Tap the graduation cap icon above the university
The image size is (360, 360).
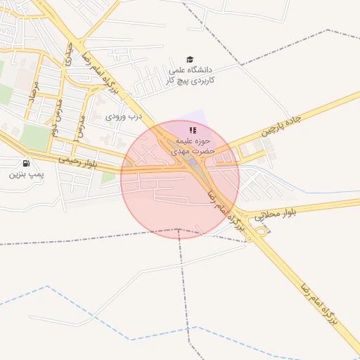(190, 60)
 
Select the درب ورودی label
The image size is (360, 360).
(124, 116)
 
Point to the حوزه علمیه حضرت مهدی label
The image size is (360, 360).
(193, 146)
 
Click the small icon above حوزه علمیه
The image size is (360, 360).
(193, 130)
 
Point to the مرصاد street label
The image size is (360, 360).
(32, 91)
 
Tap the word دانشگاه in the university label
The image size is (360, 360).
(204, 70)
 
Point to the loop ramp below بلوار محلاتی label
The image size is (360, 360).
(261, 229)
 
